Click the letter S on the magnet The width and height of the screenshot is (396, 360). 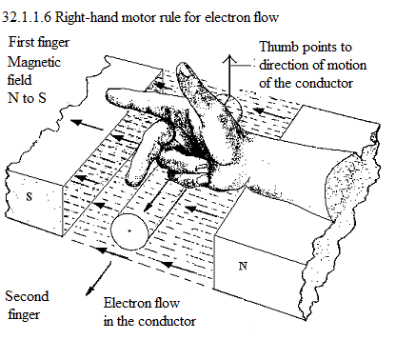[30, 197]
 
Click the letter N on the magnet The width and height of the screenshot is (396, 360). [243, 266]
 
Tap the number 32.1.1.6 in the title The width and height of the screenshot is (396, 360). [27, 17]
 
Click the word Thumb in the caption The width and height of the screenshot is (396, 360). [280, 47]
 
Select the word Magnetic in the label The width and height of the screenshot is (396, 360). [34, 62]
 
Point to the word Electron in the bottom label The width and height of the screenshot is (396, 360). [126, 303]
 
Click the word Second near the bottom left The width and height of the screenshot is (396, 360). [27, 296]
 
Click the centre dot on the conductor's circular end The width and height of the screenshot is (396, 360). [129, 230]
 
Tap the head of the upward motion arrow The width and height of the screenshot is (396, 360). [229, 57]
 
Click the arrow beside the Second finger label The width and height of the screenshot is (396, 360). [99, 278]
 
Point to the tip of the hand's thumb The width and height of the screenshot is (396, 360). [183, 66]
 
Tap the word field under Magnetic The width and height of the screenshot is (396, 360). [20, 79]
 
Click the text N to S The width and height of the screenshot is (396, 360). [27, 98]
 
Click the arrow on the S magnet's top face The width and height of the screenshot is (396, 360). [87, 125]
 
